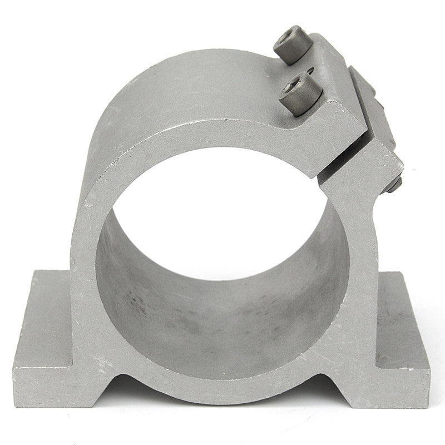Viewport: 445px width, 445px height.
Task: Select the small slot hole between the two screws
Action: [310, 71]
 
